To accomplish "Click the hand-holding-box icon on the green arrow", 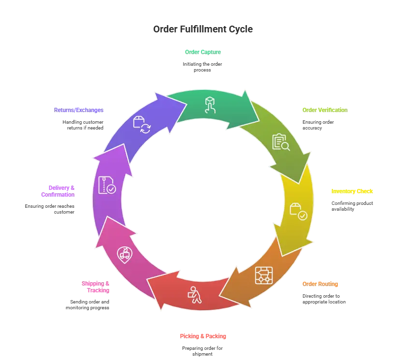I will [210, 104].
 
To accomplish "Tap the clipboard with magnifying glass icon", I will [280, 142].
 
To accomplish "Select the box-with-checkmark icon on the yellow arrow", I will [298, 211].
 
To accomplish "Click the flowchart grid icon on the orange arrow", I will [264, 275].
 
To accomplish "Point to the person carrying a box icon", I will [194, 295].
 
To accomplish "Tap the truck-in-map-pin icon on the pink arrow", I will [125, 253].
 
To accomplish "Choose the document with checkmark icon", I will [106, 185].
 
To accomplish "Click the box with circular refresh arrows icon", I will [142, 124].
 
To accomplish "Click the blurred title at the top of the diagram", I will [203, 29].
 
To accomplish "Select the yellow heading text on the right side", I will [352, 191].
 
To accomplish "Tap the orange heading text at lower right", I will [320, 284].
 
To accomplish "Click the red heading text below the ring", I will [203, 336].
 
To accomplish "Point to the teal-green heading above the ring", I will [203, 51].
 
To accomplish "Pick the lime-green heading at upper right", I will [325, 109].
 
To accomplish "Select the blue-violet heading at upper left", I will [79, 110].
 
